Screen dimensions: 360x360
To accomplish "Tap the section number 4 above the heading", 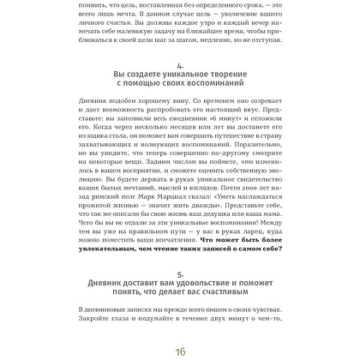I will click(179, 65).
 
